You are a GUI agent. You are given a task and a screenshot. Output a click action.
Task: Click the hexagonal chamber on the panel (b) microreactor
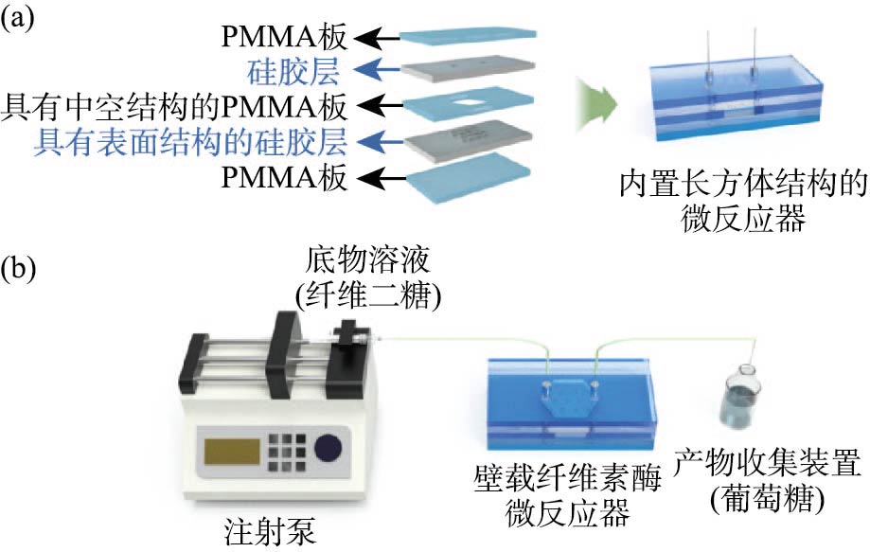567,399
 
